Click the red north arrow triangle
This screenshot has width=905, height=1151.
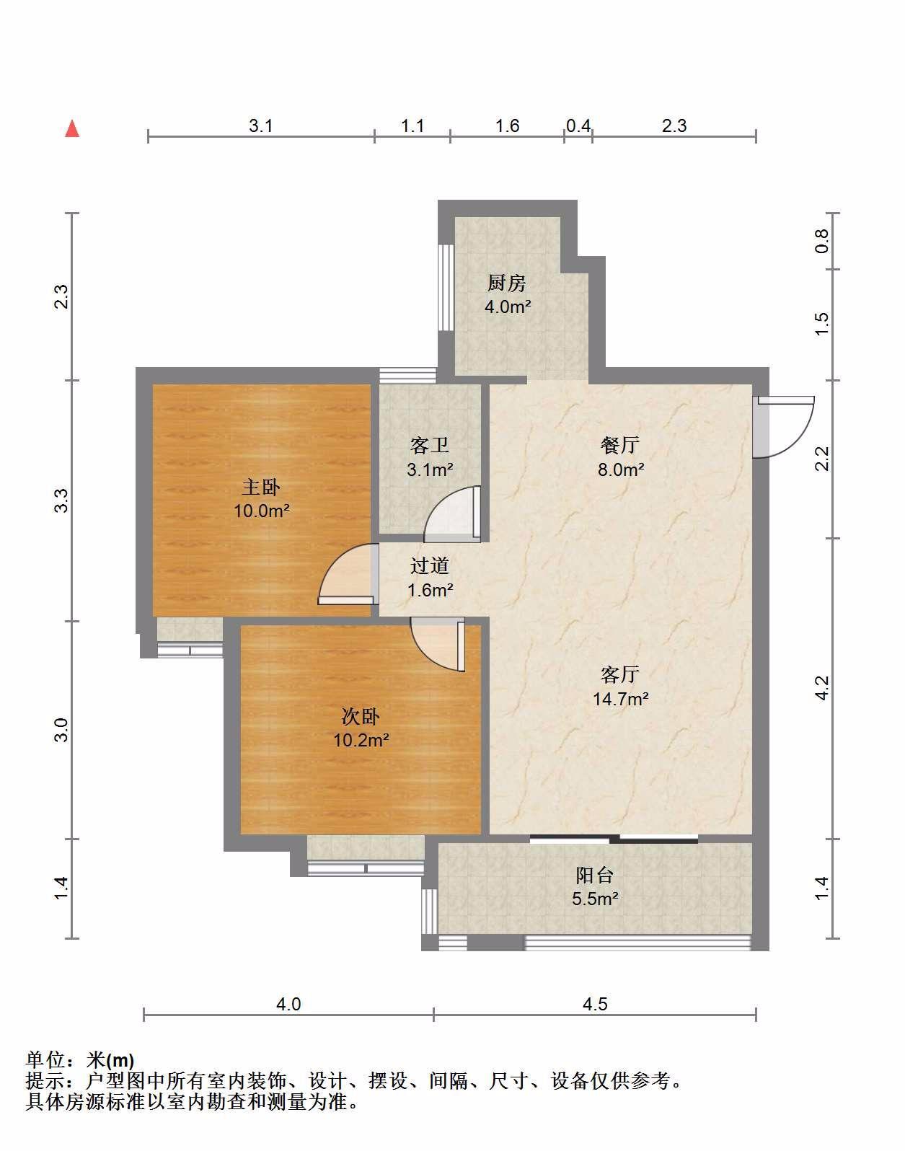click(72, 129)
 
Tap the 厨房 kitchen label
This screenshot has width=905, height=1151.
click(506, 283)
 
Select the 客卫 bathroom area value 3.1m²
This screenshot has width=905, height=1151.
click(430, 469)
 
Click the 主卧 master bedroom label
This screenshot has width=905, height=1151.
click(261, 488)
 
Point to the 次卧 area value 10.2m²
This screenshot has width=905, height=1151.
click(361, 740)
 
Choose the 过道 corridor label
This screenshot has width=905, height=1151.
click(430, 566)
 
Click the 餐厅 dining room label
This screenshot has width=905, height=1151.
click(620, 445)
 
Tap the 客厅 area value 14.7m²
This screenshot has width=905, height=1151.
click(621, 699)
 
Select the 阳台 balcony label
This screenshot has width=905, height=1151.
click(595, 876)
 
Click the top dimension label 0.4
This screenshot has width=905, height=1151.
click(578, 125)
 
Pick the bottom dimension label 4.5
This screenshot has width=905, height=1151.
click(595, 1004)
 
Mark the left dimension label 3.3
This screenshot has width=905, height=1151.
click(62, 500)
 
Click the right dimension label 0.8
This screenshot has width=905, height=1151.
click(821, 241)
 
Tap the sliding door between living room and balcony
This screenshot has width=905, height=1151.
click(614, 838)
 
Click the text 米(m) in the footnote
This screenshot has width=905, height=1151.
click(110, 1059)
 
